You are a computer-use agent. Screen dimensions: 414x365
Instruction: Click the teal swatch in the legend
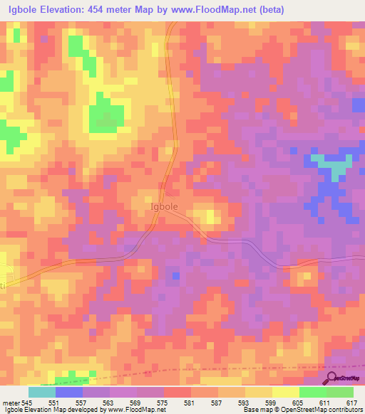(x=41, y=392)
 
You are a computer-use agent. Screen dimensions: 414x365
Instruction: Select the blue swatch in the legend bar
(x=68, y=392)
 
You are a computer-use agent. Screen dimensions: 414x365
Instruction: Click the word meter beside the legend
(x=9, y=403)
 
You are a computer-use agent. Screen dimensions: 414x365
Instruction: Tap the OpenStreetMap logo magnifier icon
(x=331, y=378)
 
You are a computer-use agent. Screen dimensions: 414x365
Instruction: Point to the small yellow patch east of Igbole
(x=211, y=216)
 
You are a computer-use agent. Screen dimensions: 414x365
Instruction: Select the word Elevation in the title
(x=66, y=9)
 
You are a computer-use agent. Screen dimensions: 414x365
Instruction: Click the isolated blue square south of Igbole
(x=175, y=275)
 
